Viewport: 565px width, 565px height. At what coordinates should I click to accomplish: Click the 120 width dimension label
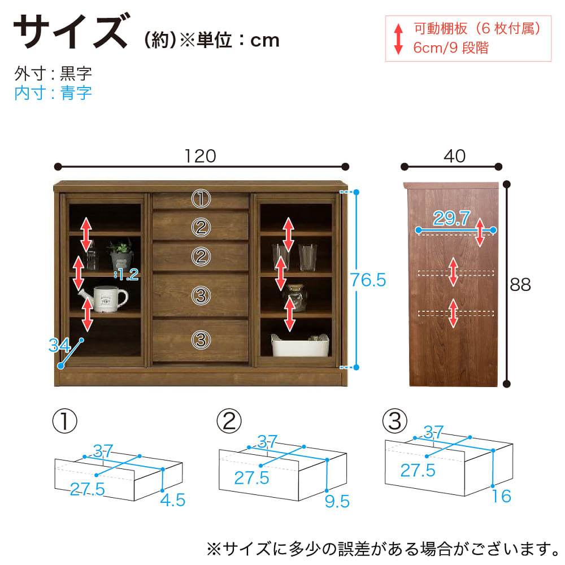(x=201, y=156)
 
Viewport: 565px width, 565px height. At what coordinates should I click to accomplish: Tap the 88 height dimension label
(x=520, y=285)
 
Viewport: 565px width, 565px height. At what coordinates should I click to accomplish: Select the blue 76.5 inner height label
(x=368, y=280)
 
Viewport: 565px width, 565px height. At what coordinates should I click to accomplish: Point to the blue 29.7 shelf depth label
(x=452, y=218)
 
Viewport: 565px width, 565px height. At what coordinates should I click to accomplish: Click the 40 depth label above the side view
(x=455, y=156)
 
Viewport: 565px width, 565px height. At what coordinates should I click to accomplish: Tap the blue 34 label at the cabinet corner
(x=59, y=345)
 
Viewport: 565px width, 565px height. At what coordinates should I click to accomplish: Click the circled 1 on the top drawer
(x=201, y=199)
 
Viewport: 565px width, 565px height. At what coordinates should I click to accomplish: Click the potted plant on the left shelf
(x=121, y=254)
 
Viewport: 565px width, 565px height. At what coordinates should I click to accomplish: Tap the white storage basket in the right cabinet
(x=300, y=345)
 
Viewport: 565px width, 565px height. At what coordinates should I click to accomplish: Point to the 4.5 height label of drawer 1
(x=172, y=500)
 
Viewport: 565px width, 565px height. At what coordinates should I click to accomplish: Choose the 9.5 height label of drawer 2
(x=337, y=501)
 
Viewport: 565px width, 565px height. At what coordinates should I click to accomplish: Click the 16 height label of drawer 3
(x=502, y=496)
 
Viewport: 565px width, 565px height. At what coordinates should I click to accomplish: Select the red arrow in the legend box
(x=398, y=39)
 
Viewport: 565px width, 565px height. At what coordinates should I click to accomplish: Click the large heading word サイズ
(x=71, y=31)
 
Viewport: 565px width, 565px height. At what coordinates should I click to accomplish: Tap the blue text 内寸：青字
(x=53, y=93)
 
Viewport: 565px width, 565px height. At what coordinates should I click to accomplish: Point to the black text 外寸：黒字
(x=53, y=73)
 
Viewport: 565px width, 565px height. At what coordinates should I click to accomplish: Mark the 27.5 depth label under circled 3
(x=418, y=470)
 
